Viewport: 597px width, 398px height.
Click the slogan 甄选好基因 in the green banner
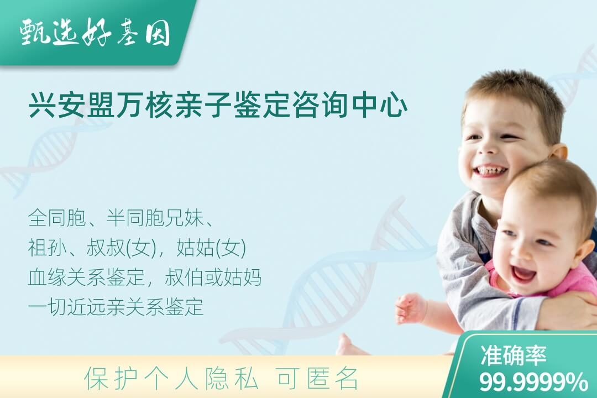(95, 32)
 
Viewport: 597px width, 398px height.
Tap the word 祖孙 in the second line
(47, 248)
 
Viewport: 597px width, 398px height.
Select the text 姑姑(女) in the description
(211, 248)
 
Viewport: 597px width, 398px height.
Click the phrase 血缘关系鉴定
(86, 277)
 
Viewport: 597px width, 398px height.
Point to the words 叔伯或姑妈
(213, 277)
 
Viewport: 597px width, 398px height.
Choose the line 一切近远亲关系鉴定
(116, 307)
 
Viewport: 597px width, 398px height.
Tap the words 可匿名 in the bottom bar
(318, 379)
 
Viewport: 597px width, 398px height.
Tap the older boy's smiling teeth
(493, 170)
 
